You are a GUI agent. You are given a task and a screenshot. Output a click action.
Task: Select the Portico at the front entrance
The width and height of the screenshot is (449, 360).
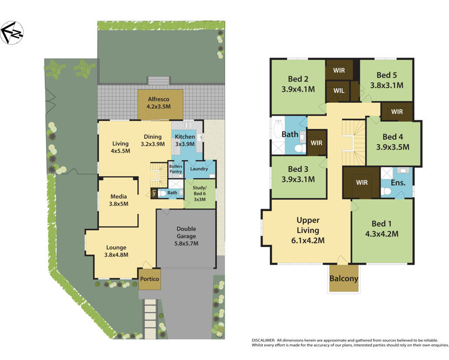click(x=149, y=279)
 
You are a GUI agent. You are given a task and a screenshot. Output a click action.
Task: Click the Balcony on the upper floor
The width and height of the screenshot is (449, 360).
click(x=343, y=278)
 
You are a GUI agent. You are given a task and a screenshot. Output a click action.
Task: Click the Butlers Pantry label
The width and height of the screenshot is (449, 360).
click(x=176, y=170)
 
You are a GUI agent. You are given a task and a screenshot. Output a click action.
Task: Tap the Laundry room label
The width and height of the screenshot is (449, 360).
click(x=199, y=168)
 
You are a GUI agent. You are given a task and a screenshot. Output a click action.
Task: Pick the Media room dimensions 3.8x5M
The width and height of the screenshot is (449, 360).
click(x=118, y=204)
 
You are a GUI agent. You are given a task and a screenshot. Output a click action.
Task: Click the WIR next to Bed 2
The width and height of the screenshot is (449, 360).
click(x=338, y=70)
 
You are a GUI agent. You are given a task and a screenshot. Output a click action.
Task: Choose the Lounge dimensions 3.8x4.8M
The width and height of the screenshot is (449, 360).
click(x=117, y=254)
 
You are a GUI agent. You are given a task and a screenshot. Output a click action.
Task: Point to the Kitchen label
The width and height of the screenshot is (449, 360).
click(x=185, y=136)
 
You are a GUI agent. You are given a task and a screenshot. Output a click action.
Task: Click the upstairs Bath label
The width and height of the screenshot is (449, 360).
click(x=290, y=134)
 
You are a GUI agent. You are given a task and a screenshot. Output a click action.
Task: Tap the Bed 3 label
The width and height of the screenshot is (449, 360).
click(x=298, y=169)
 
